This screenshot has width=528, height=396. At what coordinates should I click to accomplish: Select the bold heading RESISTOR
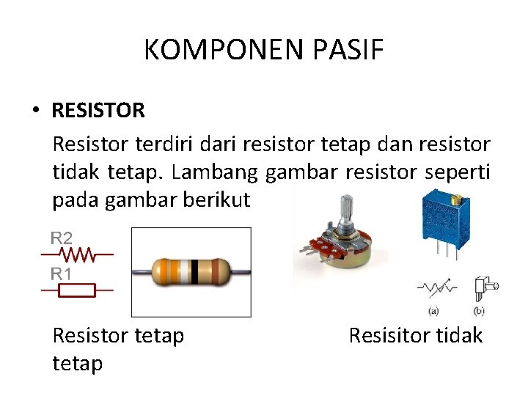pyautogui.click(x=98, y=111)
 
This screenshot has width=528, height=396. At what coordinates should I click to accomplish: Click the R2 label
pyautogui.click(x=62, y=238)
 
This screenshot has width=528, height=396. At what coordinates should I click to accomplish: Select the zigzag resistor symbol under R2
pyautogui.click(x=77, y=254)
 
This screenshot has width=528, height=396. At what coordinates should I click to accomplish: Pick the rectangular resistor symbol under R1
pyautogui.click(x=77, y=291)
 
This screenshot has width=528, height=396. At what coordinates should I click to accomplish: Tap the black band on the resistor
pyautogui.click(x=194, y=272)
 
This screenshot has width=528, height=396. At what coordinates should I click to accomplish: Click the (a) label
pyautogui.click(x=433, y=311)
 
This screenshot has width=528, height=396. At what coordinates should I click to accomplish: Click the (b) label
pyautogui.click(x=480, y=311)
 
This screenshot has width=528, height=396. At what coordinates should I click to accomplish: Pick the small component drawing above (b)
pyautogui.click(x=484, y=288)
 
